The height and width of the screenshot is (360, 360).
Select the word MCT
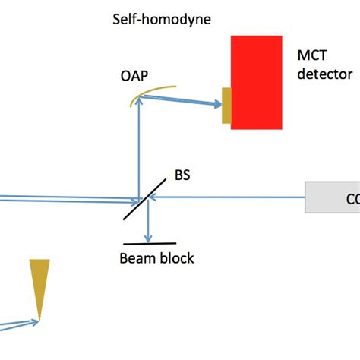313,57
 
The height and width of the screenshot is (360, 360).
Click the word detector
325,74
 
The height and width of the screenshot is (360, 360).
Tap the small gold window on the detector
226,105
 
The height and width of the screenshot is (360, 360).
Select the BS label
182,175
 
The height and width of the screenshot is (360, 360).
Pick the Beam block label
156,258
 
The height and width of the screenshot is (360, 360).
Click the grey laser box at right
333,197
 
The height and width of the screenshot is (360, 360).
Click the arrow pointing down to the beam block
149,220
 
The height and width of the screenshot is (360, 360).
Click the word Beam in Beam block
135,258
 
